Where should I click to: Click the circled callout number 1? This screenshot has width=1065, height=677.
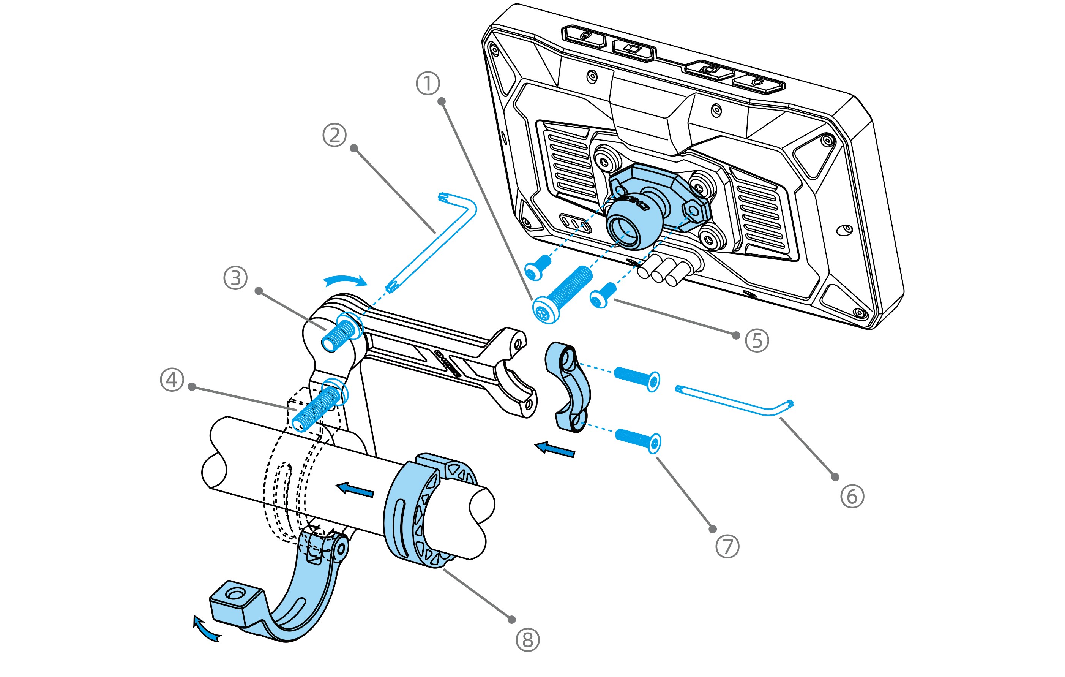pos(428,84)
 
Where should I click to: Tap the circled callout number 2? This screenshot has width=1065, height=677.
pos(334,135)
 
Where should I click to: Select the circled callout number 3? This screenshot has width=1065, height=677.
pos(235,278)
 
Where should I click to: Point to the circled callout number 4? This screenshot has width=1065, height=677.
pos(172,380)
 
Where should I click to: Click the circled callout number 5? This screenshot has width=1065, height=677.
pos(757,341)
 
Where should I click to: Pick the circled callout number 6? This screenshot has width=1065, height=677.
pos(852,496)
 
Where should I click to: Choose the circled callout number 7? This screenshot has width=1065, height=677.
pos(727,546)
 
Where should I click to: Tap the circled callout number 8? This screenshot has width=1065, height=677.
pos(528,640)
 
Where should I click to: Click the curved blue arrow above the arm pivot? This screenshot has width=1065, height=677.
pos(346,280)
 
